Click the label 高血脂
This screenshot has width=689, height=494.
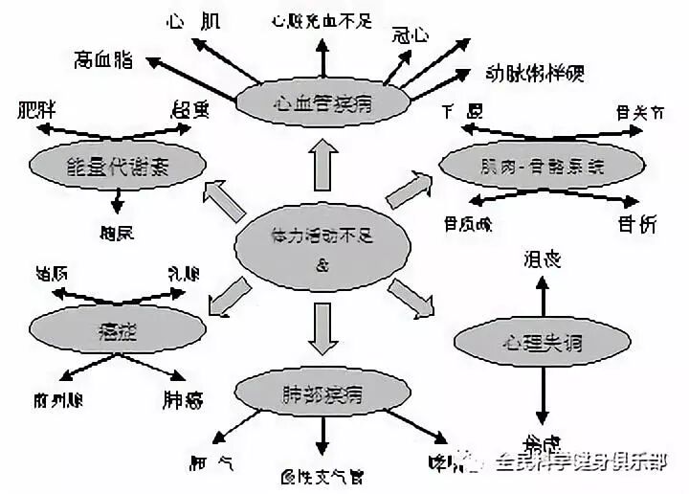pyautogui.click(x=103, y=59)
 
